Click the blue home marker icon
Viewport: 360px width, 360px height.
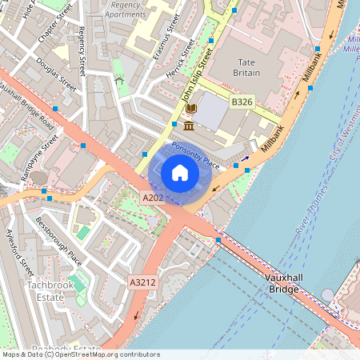click(x=180, y=173)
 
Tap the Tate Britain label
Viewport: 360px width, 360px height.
click(x=246, y=66)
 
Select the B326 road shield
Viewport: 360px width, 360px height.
click(x=242, y=102)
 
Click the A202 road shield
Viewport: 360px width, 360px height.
click(x=154, y=197)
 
